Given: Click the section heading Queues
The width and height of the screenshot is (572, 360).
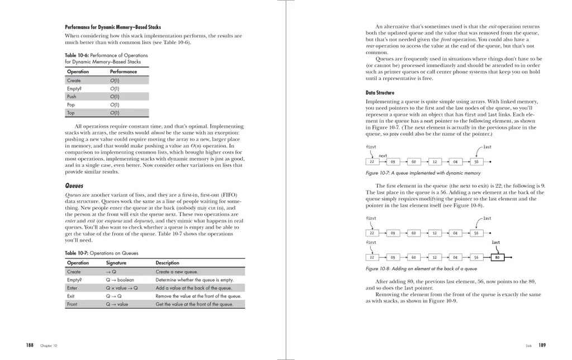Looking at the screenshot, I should (74, 185).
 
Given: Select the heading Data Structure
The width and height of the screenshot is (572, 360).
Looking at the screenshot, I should (380, 93).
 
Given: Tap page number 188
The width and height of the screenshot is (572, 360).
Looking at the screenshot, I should (30, 345).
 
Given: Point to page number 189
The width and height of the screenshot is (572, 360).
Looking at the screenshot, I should (542, 345).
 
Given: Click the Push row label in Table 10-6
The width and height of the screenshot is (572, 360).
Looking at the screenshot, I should (71, 97).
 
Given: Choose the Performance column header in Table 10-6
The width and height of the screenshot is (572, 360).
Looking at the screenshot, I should (123, 71).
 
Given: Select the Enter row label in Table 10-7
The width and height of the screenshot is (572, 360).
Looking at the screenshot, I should (72, 288).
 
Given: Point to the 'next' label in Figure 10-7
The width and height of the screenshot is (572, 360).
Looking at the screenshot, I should (383, 156).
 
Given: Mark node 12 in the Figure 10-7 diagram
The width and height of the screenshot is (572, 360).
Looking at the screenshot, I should (434, 162).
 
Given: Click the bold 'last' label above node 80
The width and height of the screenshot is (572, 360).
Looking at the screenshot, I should (496, 243).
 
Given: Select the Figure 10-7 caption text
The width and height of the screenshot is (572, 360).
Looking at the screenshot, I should (423, 173).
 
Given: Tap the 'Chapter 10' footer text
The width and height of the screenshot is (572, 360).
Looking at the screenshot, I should (49, 346).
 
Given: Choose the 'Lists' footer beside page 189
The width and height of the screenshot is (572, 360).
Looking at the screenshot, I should (528, 346).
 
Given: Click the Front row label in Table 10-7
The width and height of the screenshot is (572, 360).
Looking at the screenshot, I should (72, 304).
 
